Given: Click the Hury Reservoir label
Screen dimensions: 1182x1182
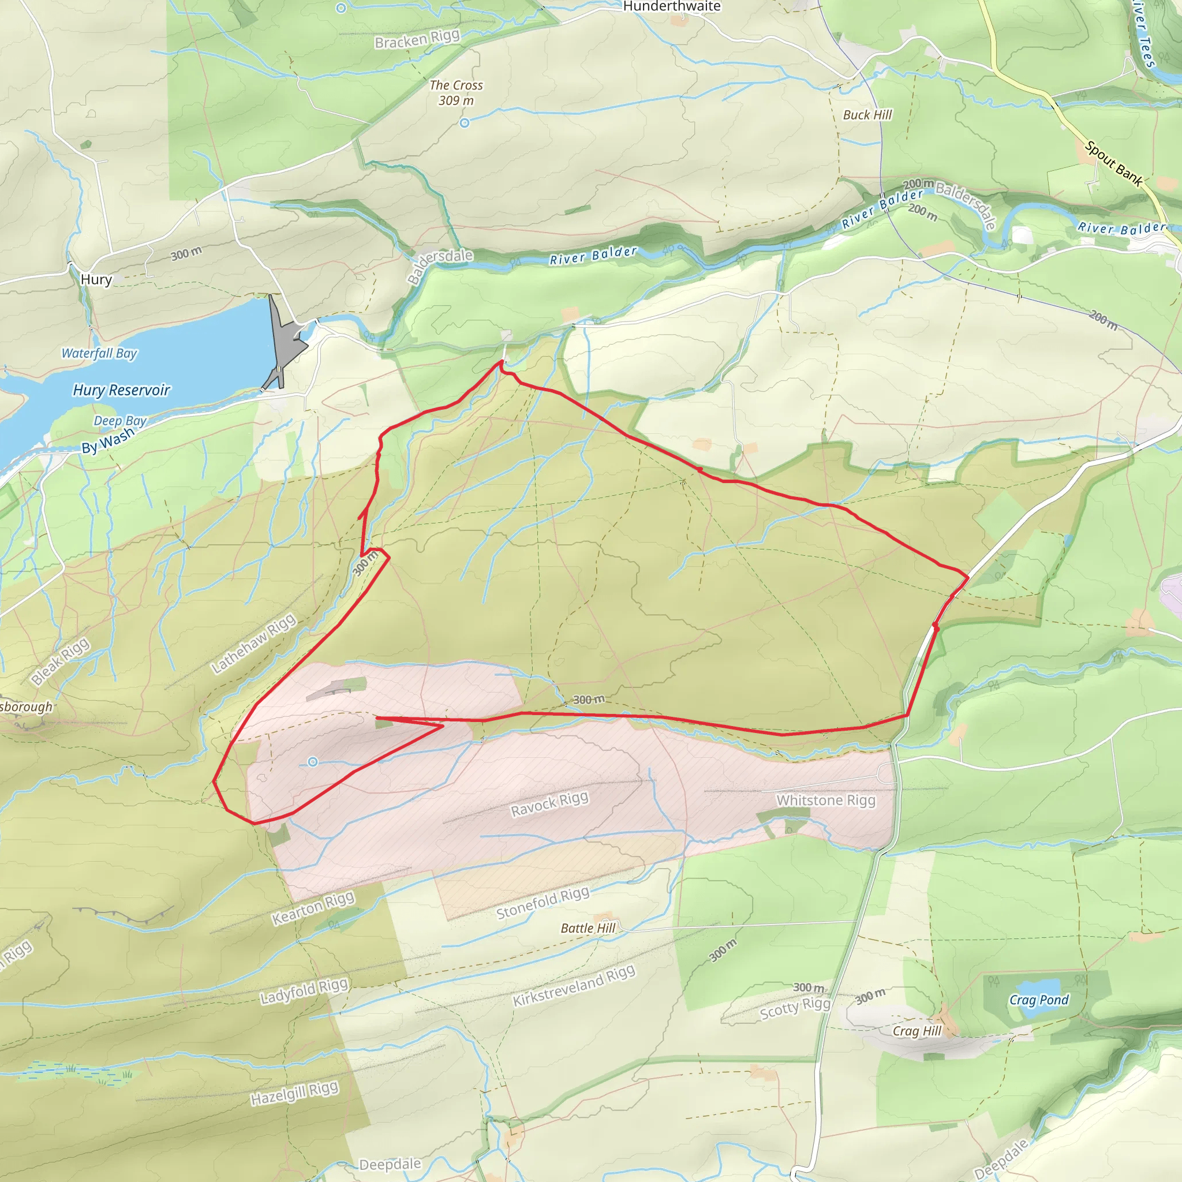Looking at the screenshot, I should pos(121,390).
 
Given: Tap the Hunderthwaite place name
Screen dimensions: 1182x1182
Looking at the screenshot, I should pos(671,7).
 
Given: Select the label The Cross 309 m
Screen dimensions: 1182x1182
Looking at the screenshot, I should pos(456,93).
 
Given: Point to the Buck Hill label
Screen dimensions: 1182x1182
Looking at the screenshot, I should pos(867,115).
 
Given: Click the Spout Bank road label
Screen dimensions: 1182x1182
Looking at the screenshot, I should pos(1113,163).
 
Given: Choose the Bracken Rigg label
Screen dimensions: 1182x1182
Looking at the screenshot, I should pos(417,39).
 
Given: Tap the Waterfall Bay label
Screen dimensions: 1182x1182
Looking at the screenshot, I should pos(99,353).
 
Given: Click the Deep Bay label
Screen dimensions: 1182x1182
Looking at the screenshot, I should pos(120,421).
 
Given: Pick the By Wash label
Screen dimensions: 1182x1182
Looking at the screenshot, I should pos(108,440).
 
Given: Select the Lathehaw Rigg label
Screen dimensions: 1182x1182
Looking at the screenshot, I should pos(253,643).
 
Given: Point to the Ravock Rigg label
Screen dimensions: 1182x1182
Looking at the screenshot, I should pos(549,804).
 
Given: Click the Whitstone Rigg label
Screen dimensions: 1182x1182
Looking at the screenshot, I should pos(825,801).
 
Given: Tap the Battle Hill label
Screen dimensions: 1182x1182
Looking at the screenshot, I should pos(588,928).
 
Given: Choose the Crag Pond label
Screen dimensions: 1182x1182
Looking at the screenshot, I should pos(1039,1000).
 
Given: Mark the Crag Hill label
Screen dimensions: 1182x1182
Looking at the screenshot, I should pos(917,1031).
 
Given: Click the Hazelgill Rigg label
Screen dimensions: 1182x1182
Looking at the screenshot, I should pos(294,1093).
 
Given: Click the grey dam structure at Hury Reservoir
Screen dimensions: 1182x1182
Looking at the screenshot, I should pos(285,343).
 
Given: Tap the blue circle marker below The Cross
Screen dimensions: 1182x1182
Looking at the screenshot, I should pos(465,123).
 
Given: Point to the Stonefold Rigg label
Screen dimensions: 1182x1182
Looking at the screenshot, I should pos(543,903).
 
